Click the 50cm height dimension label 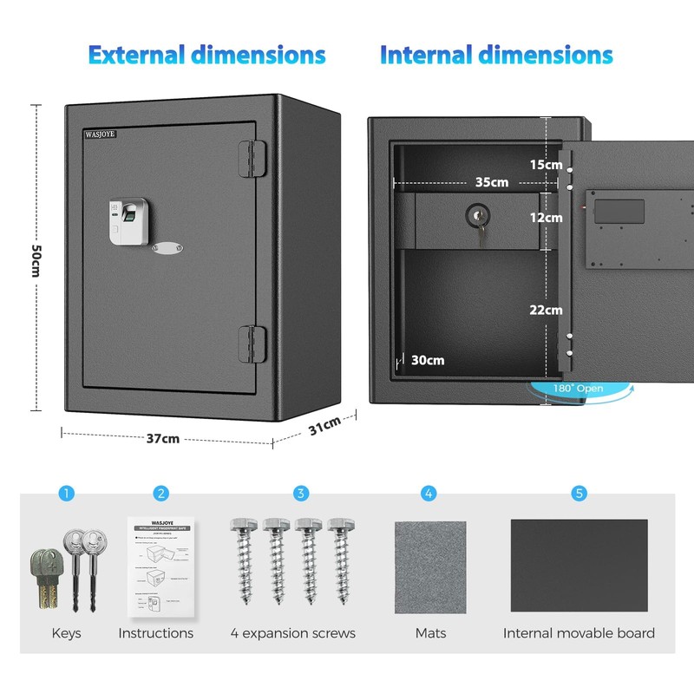click(x=36, y=259)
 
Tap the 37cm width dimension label click(x=163, y=439)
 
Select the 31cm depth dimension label click(x=326, y=426)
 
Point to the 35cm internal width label click(x=492, y=182)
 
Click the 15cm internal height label click(x=547, y=164)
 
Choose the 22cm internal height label click(x=547, y=310)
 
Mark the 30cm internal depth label click(x=428, y=360)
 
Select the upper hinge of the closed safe click(x=248, y=156)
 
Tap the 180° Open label click(x=578, y=389)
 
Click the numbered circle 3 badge click(x=301, y=494)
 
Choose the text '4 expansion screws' click(x=293, y=633)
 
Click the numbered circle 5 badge click(x=579, y=494)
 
